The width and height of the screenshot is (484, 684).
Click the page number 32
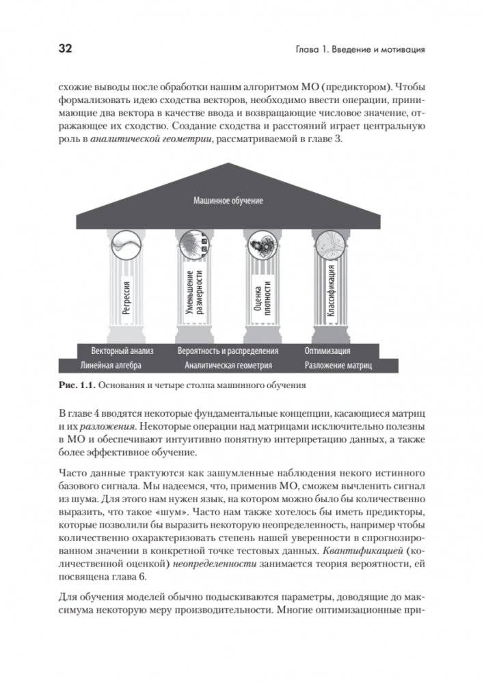[65, 49]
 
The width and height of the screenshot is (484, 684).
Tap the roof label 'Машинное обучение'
[228, 201]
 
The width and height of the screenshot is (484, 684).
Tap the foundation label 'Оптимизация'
[328, 351]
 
